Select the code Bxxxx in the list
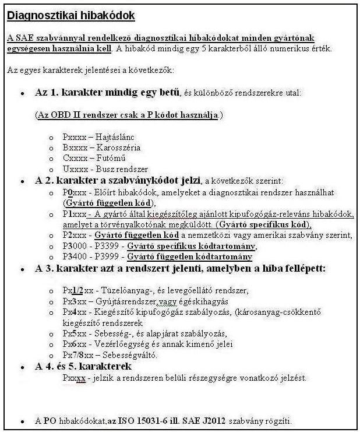tap(73, 147)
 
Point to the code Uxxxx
tap(73, 168)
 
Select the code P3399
tap(109, 245)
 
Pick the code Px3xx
tap(73, 301)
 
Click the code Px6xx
tap(73, 344)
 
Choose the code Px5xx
tap(73, 333)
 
